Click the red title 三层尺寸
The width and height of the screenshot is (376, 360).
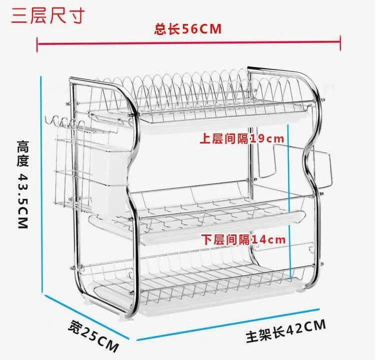[x=46, y=15]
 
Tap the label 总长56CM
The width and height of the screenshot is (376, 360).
[x=187, y=29]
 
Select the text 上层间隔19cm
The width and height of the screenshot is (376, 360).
[x=242, y=138]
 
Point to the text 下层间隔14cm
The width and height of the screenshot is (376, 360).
[x=243, y=239]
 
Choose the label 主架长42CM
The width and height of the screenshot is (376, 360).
[x=285, y=331]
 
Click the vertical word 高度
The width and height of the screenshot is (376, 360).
[x=22, y=153]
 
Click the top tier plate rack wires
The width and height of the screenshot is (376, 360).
[x=200, y=87]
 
